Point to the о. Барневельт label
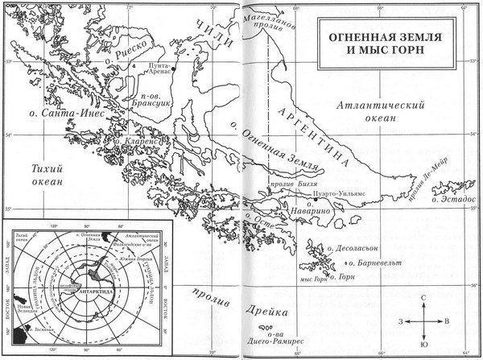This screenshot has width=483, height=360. tap(376, 263)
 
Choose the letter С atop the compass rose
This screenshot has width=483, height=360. tap(423, 298)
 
